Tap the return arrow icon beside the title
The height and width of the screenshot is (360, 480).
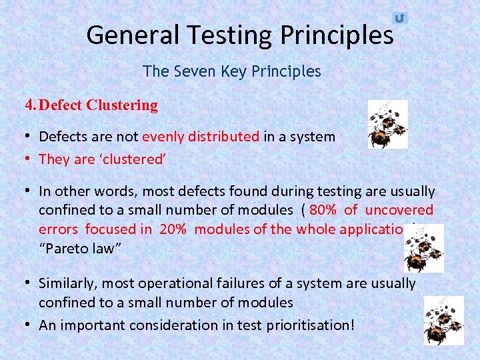399,18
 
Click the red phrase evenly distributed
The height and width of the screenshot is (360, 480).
201,137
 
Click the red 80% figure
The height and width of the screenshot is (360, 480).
323,210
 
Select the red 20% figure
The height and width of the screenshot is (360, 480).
173,229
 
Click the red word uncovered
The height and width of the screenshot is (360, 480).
399,210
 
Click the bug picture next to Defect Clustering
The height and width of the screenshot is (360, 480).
387,124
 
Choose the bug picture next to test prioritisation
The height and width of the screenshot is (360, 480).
443,321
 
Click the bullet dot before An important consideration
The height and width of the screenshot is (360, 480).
29,325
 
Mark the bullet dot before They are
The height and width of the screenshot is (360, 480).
29,159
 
